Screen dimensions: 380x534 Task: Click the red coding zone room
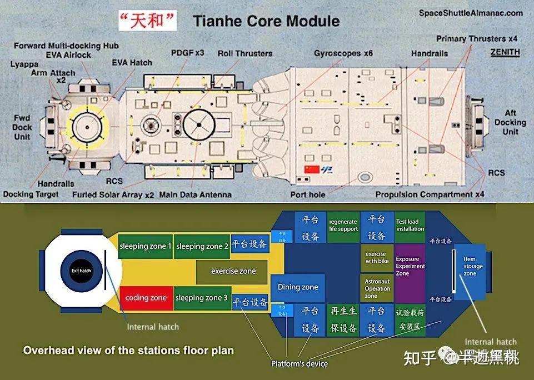(x=146, y=298)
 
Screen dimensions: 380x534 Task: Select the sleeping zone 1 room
(x=146, y=246)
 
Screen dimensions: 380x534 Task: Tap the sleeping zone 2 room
(x=202, y=246)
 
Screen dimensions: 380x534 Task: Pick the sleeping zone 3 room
(x=202, y=298)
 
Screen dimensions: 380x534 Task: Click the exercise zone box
(x=233, y=271)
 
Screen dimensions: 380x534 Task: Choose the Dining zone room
(x=298, y=287)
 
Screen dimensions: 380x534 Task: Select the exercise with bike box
(x=377, y=257)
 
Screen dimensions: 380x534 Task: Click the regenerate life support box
(x=343, y=226)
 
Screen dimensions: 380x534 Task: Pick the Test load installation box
(x=410, y=226)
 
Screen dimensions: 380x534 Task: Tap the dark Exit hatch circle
(x=81, y=271)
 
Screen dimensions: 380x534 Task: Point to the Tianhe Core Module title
(x=266, y=22)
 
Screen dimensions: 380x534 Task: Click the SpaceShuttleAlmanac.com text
(x=471, y=13)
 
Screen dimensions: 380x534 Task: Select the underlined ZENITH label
(x=505, y=52)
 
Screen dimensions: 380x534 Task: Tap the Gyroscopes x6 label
(x=343, y=53)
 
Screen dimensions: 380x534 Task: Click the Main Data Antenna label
(x=195, y=195)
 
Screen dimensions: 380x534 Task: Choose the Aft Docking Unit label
(x=510, y=123)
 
